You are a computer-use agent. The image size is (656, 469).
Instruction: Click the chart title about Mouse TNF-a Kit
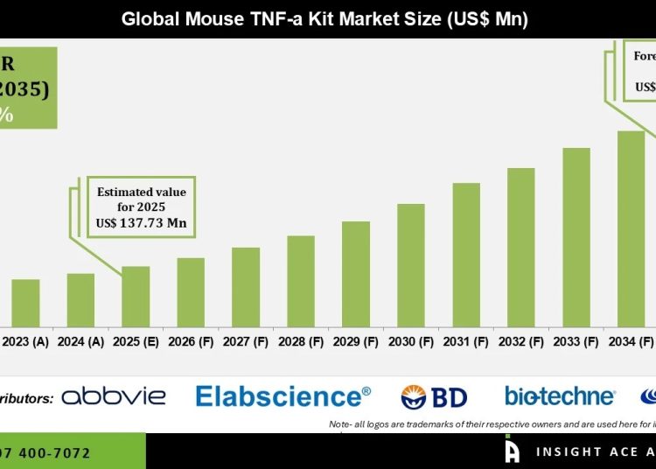coord(325,17)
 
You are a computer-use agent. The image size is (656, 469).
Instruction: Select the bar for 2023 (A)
coord(25,303)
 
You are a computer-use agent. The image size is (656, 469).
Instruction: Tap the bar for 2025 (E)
coord(136,296)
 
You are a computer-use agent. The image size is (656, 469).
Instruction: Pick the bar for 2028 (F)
coord(301,280)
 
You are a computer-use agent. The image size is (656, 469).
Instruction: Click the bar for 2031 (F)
coord(466,254)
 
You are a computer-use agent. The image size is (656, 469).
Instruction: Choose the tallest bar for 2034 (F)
coord(631,227)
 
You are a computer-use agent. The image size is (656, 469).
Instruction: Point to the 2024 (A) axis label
coord(80,341)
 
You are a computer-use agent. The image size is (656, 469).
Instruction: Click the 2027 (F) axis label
coord(246,341)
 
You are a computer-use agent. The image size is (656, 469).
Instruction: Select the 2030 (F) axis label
coord(411,341)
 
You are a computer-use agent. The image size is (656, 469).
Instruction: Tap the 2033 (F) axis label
coord(576,341)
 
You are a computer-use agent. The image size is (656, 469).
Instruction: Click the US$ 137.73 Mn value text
coord(142,223)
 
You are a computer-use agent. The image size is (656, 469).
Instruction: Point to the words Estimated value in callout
coord(142,191)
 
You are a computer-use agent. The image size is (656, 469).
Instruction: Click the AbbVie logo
coord(114,396)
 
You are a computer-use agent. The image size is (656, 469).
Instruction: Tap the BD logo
coord(435,397)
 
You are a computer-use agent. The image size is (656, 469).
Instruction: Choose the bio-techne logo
coord(560,396)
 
